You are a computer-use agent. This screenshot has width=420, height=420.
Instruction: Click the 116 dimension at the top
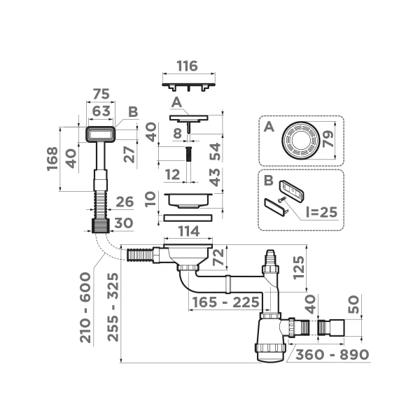pos(187,66)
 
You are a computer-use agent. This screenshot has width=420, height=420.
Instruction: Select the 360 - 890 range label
pos(331,354)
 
